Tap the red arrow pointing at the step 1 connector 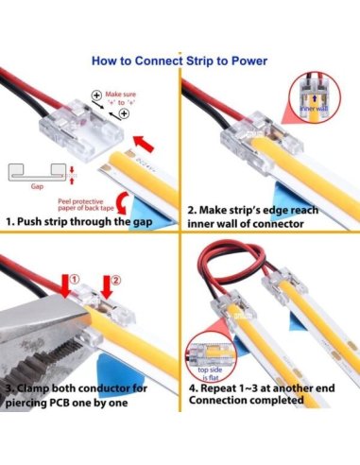coord(140,145)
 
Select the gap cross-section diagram coord(38,174)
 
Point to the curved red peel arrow coord(70,173)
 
